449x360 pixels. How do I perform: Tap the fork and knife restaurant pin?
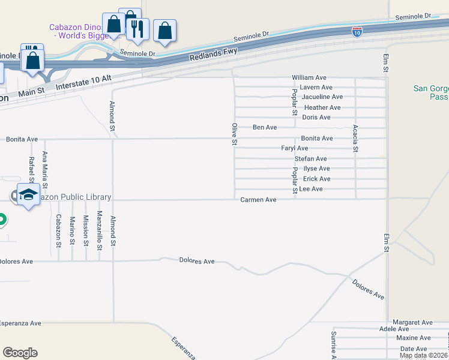click(x=137, y=28)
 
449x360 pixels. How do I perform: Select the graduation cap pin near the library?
click(x=29, y=194)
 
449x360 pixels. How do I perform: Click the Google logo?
click(x=20, y=353)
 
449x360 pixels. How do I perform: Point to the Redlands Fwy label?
click(x=214, y=53)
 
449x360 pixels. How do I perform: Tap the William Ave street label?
click(x=309, y=78)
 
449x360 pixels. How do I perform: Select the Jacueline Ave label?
click(x=322, y=97)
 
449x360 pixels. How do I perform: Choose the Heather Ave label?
click(x=322, y=107)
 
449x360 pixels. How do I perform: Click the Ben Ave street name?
click(x=265, y=127)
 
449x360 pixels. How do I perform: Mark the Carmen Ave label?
click(x=258, y=199)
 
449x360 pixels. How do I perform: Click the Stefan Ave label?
click(x=310, y=158)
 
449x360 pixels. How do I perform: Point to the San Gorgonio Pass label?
click(x=431, y=92)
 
